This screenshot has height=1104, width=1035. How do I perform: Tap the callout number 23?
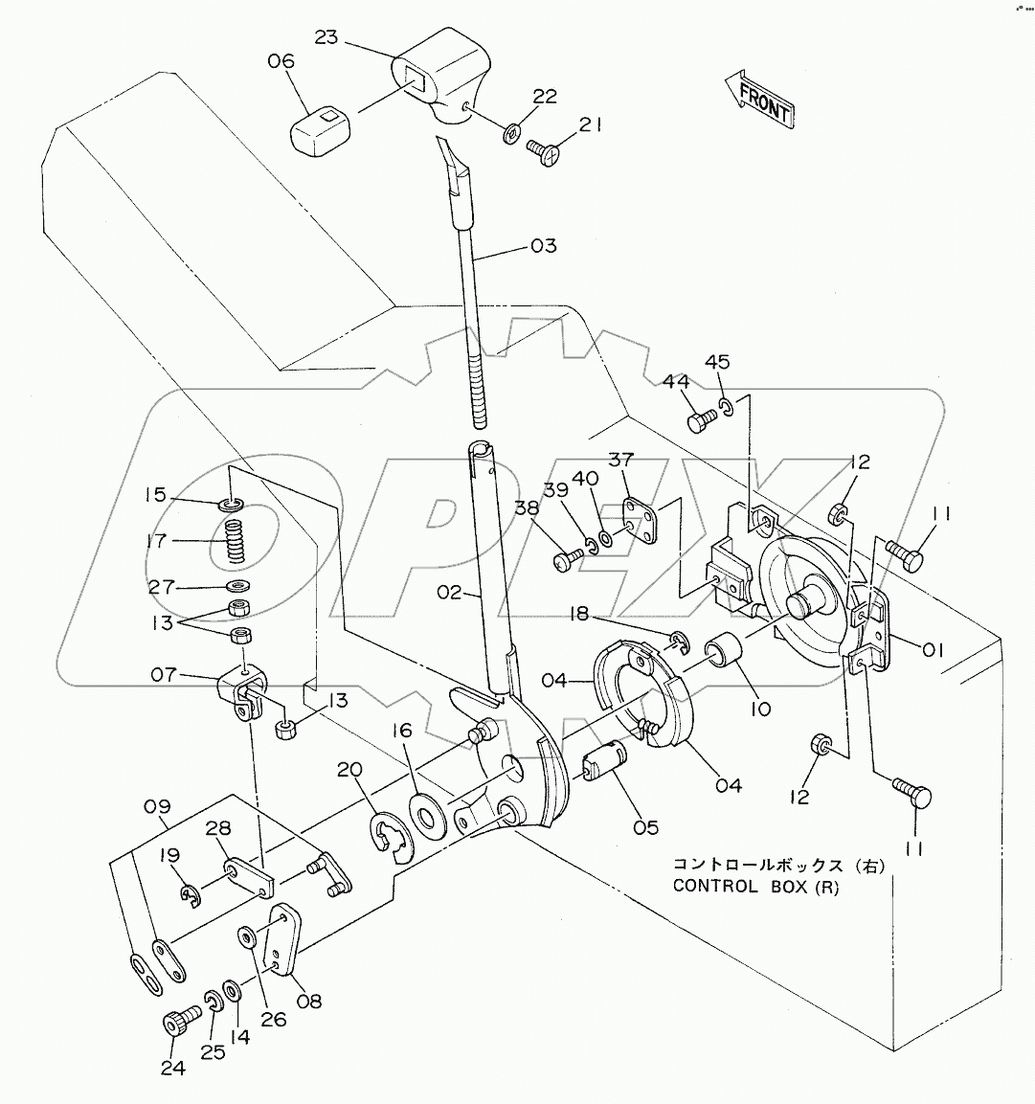[326, 37]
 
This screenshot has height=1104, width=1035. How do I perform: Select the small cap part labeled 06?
[320, 127]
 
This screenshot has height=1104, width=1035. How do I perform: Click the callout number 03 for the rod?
[542, 247]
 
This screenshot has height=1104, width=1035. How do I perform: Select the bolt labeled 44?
[701, 418]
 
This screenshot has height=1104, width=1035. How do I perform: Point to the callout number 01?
[932, 649]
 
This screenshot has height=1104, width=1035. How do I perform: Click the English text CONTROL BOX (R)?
[755, 886]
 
